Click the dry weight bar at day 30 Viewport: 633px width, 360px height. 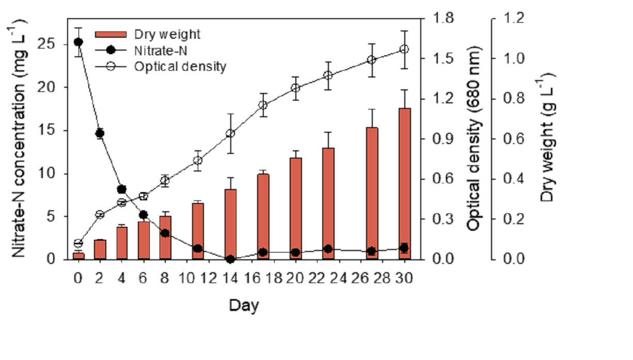click(x=405, y=184)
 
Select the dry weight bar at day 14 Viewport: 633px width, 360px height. click(x=231, y=224)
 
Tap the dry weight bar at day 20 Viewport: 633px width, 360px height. click(x=296, y=209)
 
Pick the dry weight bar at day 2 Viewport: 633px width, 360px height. click(x=100, y=249)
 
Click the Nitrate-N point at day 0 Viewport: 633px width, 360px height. click(x=78, y=42)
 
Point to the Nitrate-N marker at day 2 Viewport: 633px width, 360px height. click(x=100, y=133)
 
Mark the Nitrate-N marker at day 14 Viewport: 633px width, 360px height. click(x=231, y=259)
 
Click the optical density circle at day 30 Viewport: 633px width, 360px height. click(x=405, y=49)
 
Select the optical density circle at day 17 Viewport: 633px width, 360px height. click(x=263, y=105)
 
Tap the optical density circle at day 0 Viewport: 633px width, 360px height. click(x=78, y=243)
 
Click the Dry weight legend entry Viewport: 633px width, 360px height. click(x=148, y=35)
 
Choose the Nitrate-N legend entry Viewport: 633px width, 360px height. click(x=141, y=51)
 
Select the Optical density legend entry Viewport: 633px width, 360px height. click(x=161, y=67)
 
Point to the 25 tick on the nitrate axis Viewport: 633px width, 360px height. click(x=45, y=44)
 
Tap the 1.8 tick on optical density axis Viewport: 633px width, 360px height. click(x=443, y=18)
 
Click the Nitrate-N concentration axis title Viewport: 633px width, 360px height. click(x=18, y=138)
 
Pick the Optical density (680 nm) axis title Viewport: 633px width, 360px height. click(x=473, y=138)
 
